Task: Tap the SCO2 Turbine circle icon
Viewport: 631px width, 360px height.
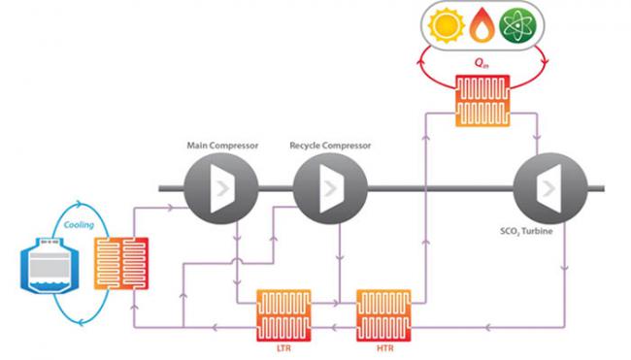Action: click(545, 188)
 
